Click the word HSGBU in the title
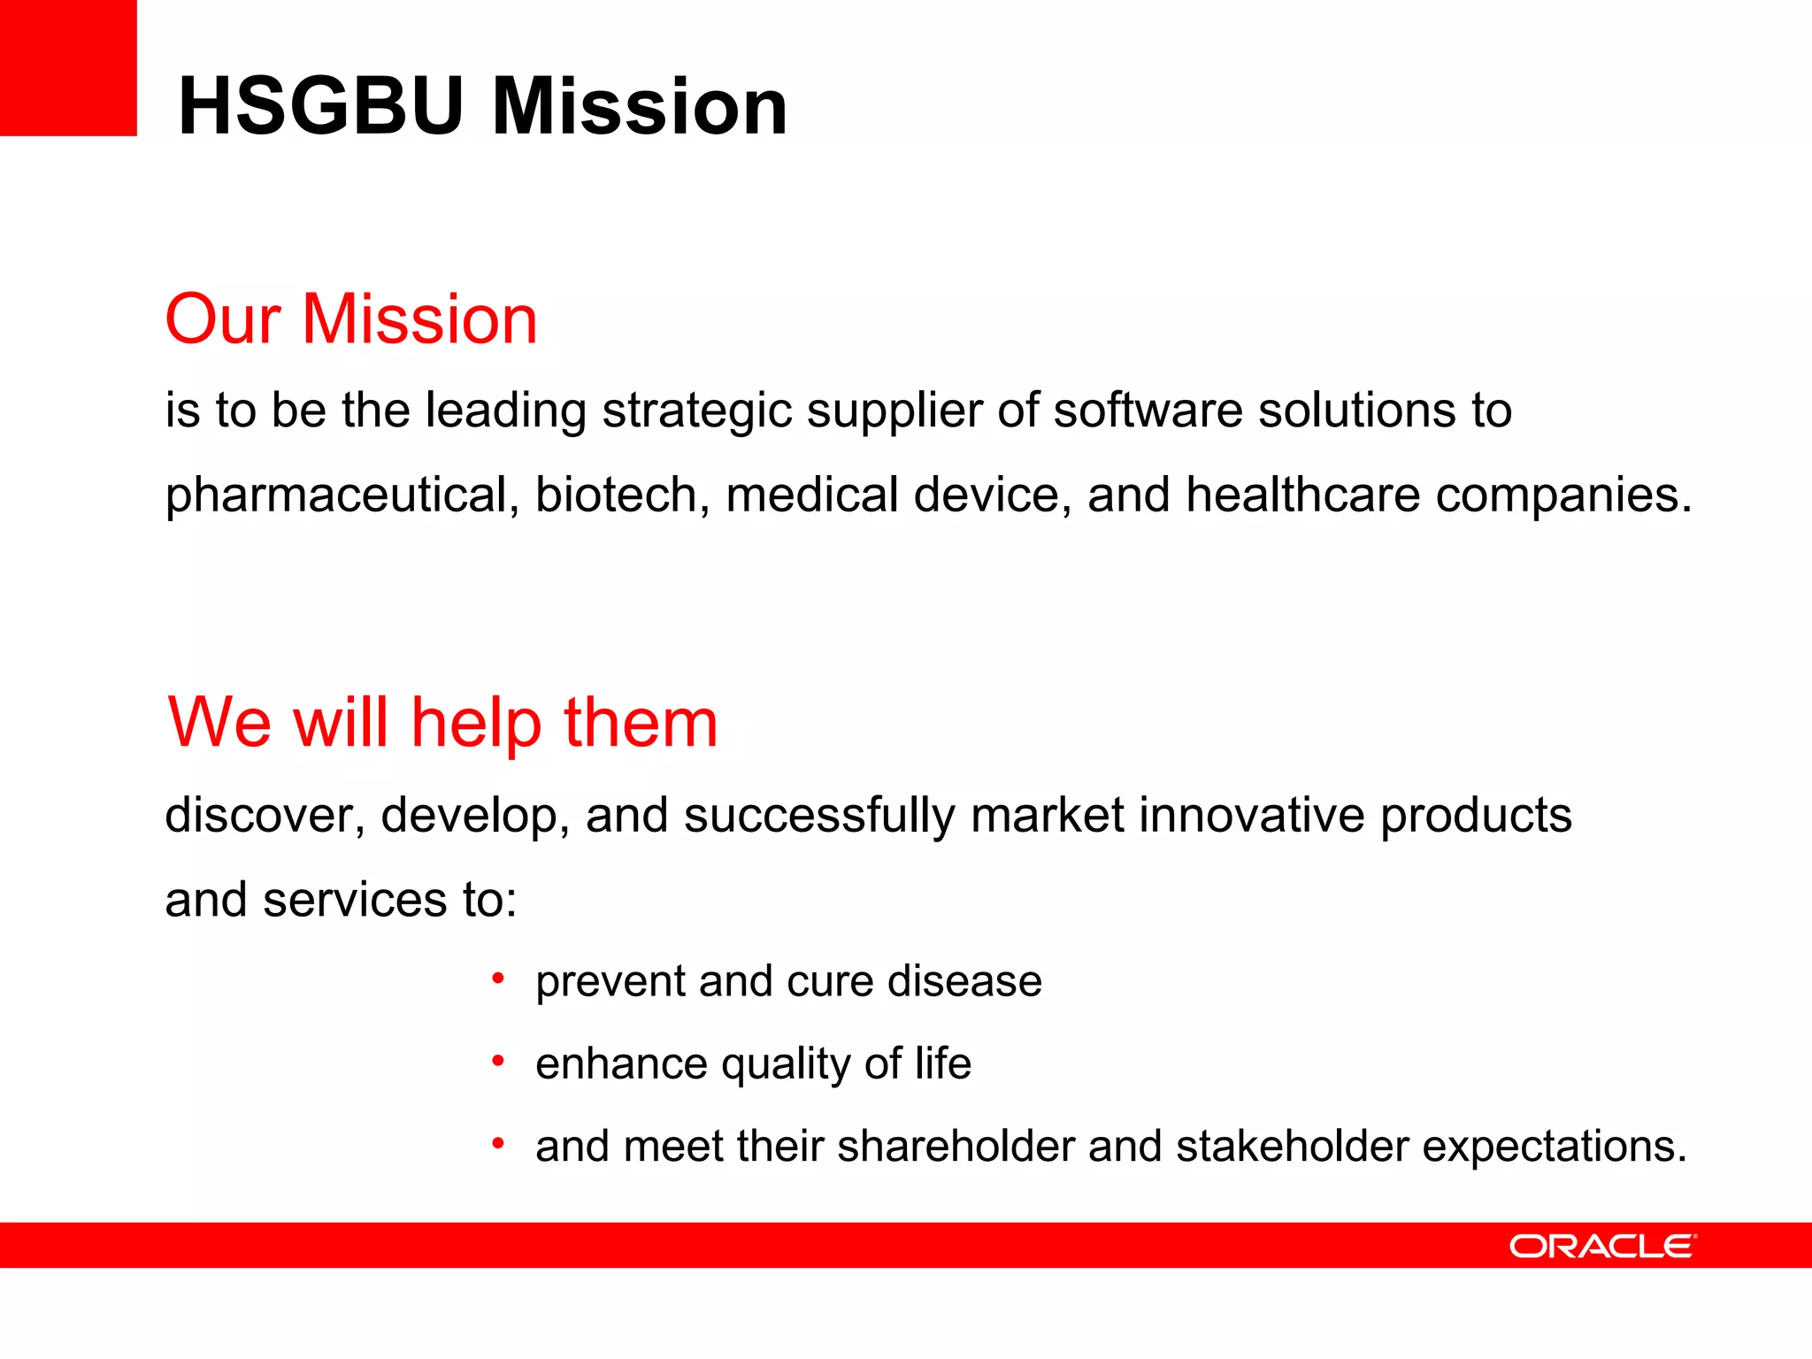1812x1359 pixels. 320,106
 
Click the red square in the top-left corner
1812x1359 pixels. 68,67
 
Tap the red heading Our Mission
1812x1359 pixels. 351,319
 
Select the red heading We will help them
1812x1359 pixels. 442,723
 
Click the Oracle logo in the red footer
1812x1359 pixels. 1602,1247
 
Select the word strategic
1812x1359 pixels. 696,411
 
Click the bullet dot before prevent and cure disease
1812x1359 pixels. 498,978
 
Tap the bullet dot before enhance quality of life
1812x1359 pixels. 498,1060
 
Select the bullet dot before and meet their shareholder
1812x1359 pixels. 498,1143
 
